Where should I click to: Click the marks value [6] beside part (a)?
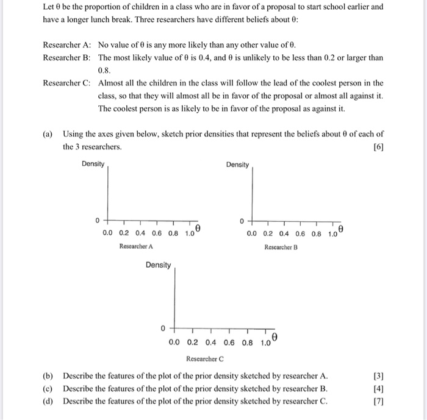[x=378, y=147]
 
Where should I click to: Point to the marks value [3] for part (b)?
[x=378, y=376]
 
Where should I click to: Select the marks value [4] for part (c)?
[x=378, y=388]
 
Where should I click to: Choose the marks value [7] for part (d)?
[x=378, y=401]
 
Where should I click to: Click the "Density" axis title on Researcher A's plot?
[x=93, y=164]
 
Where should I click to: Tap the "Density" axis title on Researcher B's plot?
[x=237, y=165]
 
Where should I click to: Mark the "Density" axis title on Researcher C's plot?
[x=158, y=265]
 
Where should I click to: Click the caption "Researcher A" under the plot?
[x=136, y=246]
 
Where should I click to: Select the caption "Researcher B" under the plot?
[x=281, y=247]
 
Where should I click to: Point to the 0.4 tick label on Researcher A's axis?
[x=140, y=233]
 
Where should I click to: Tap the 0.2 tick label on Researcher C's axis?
[x=193, y=343]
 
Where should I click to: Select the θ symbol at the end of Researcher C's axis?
[x=275, y=338]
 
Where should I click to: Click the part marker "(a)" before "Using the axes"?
[x=48, y=134]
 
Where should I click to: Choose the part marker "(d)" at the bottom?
[x=48, y=401]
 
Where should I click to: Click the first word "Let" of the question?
[x=49, y=7]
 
